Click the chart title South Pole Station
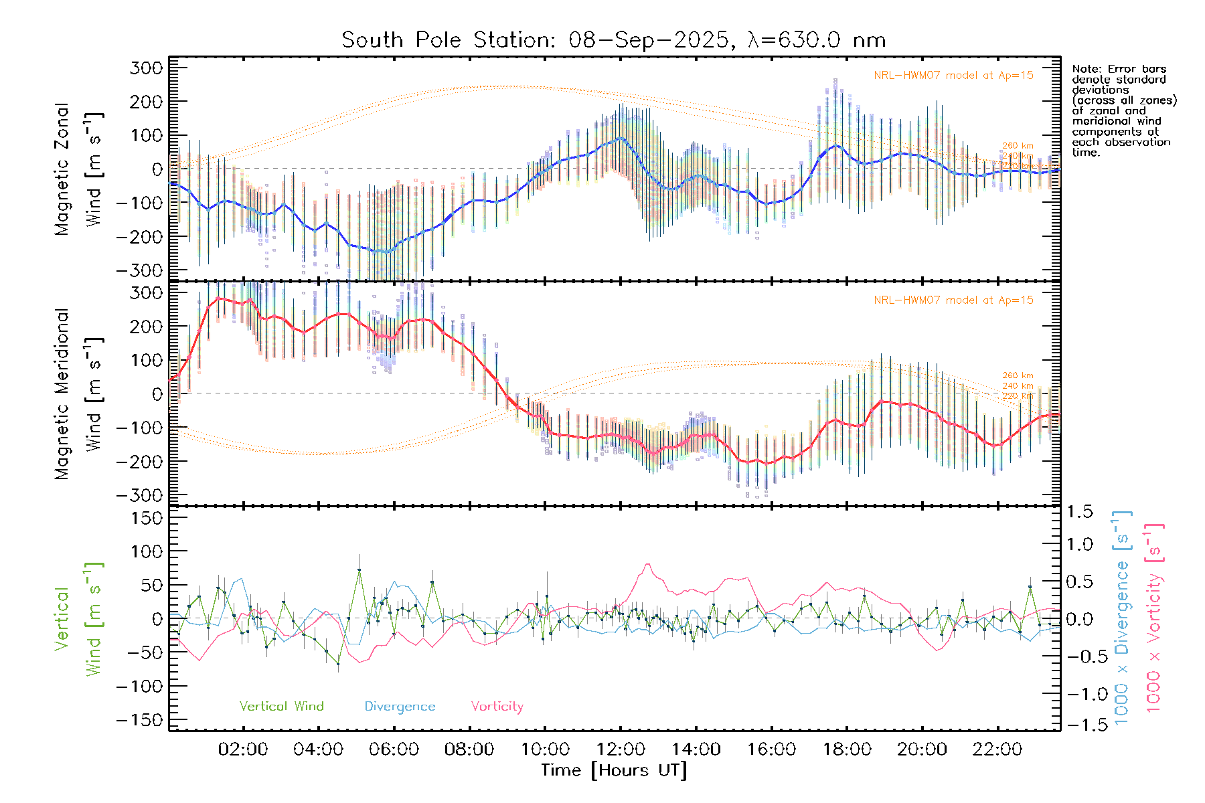pos(613,40)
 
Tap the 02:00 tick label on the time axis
pos(243,749)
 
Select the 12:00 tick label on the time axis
pos(621,749)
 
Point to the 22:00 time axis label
pos(997,749)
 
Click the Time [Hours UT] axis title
pos(614,770)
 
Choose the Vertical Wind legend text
pos(281,707)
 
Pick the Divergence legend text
pos(400,707)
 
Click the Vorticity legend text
pos(497,707)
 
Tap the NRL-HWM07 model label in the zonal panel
pos(953,76)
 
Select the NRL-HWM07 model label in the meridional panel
pos(953,300)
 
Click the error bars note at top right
pos(1124,110)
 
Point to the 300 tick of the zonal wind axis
pos(147,68)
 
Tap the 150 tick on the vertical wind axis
pos(147,518)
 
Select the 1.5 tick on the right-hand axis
pos(1080,512)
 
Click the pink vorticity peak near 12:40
pos(647,564)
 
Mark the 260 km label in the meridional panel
pos(1018,376)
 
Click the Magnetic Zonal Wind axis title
pos(78,169)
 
